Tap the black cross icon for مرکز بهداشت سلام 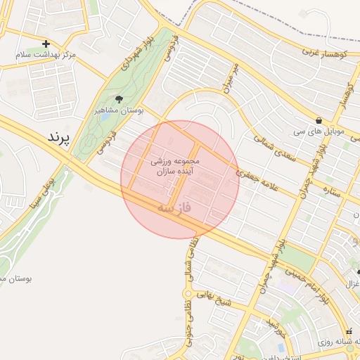(46, 44)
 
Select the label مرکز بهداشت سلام (49, 55)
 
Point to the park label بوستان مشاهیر (118, 110)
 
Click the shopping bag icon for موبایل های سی (320, 120)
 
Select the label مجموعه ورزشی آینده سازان (175, 166)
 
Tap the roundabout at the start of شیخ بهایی (188, 294)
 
